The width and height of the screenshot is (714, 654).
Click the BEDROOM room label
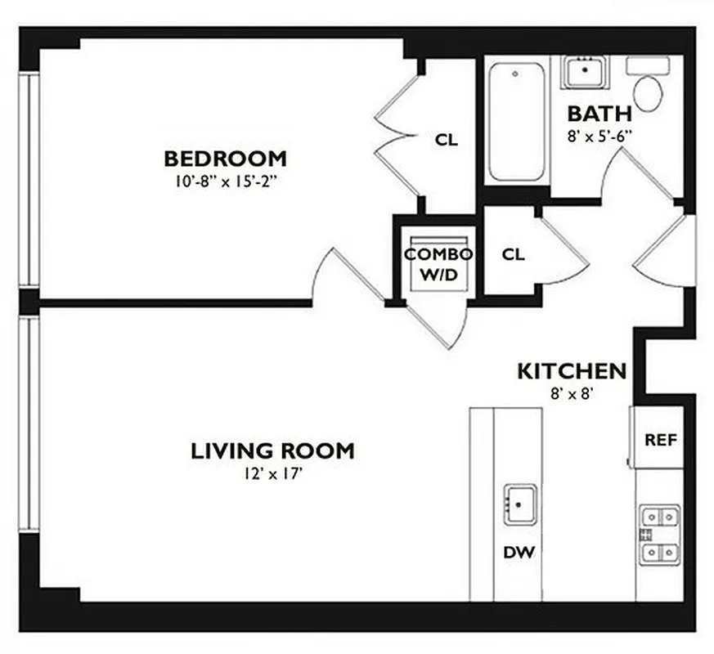(x=225, y=158)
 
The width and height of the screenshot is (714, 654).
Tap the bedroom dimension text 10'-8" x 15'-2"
(x=225, y=181)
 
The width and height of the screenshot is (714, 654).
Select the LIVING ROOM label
(x=272, y=450)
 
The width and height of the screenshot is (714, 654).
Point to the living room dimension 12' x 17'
(x=272, y=473)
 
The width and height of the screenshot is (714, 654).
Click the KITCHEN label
(x=572, y=371)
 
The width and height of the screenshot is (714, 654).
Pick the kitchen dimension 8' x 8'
(x=572, y=393)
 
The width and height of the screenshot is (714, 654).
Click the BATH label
(x=599, y=113)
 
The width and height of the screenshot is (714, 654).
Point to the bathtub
(x=516, y=121)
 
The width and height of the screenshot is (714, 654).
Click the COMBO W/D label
(x=438, y=263)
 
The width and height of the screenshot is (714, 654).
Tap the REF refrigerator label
(x=661, y=440)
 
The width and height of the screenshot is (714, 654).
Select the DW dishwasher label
(x=519, y=553)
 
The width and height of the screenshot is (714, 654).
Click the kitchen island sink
(x=520, y=503)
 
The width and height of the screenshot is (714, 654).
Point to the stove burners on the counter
(x=659, y=535)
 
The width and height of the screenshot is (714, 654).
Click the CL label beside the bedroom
(x=447, y=141)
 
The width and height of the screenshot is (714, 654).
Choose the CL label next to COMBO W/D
(x=513, y=254)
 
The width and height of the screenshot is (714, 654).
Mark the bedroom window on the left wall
(x=29, y=180)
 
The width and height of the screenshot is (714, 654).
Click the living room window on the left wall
(x=29, y=424)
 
